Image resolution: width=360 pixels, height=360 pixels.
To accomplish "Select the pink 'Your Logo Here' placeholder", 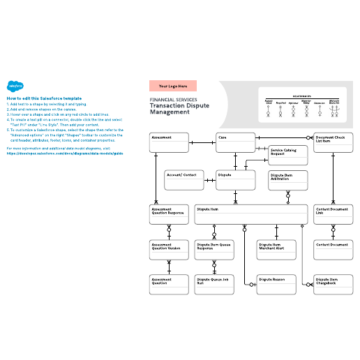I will click(x=173, y=86).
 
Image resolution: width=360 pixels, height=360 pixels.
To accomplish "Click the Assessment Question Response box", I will click(x=170, y=215).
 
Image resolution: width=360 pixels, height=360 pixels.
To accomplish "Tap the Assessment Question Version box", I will click(x=170, y=249).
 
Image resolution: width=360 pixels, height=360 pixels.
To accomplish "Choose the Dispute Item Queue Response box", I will click(x=215, y=249).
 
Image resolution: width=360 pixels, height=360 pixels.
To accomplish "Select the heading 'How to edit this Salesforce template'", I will click(x=43, y=98).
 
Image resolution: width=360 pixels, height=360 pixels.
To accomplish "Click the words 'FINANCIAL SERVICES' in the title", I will click(x=172, y=100).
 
